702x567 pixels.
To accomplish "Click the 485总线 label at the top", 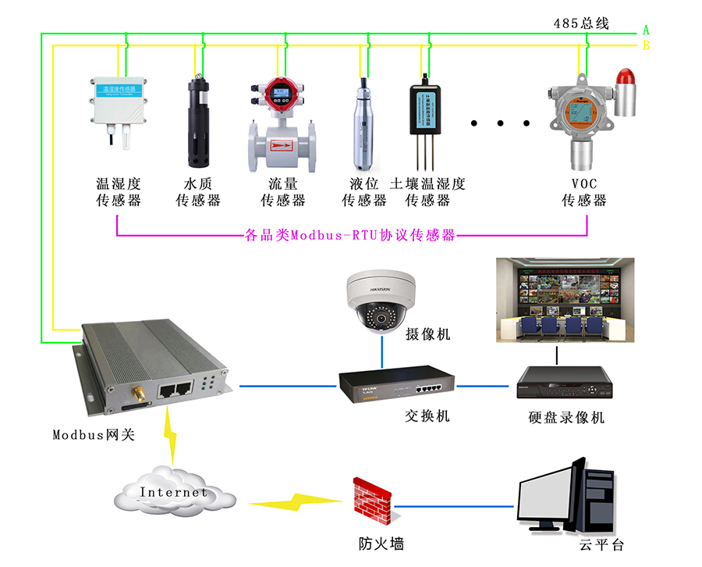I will coord(581,23).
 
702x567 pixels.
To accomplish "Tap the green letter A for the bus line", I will coord(646,30).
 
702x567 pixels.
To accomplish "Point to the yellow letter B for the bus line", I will coord(646,46).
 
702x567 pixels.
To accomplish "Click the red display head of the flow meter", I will coord(281,96).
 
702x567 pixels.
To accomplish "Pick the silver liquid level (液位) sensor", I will coord(364,125).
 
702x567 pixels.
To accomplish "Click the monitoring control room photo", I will coord(565,300).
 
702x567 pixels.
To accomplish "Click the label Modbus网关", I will coord(94,434).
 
